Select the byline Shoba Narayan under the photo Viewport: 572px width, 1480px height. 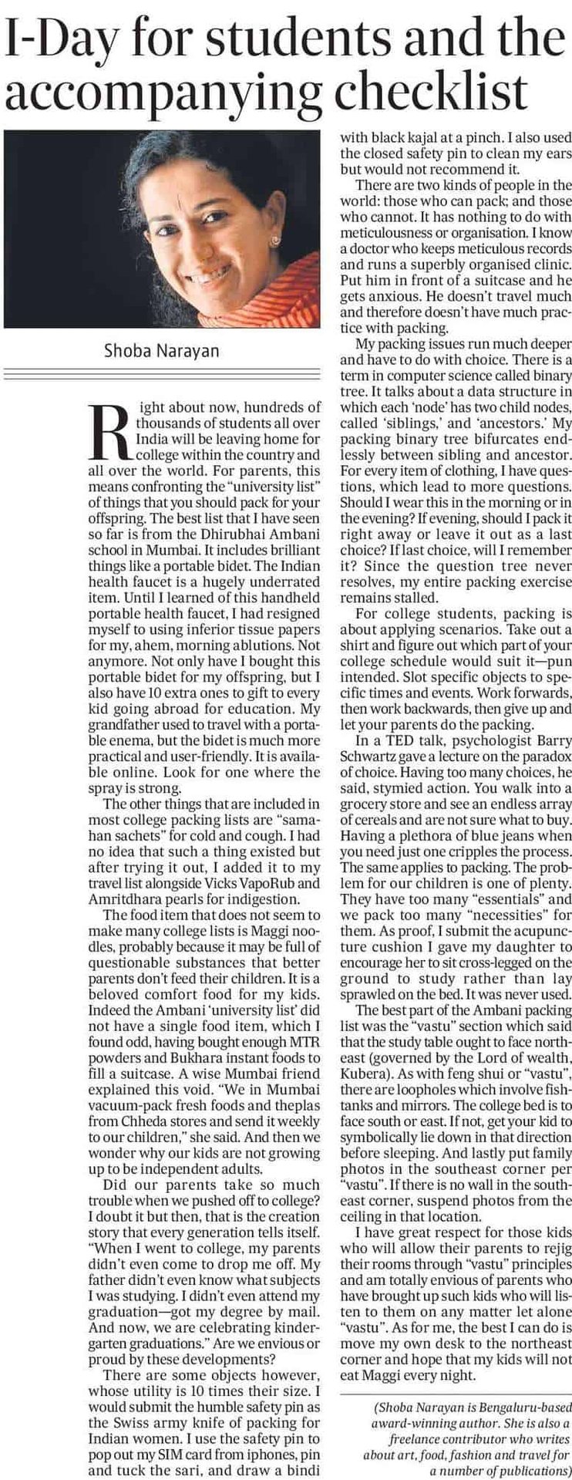pos(161,351)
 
